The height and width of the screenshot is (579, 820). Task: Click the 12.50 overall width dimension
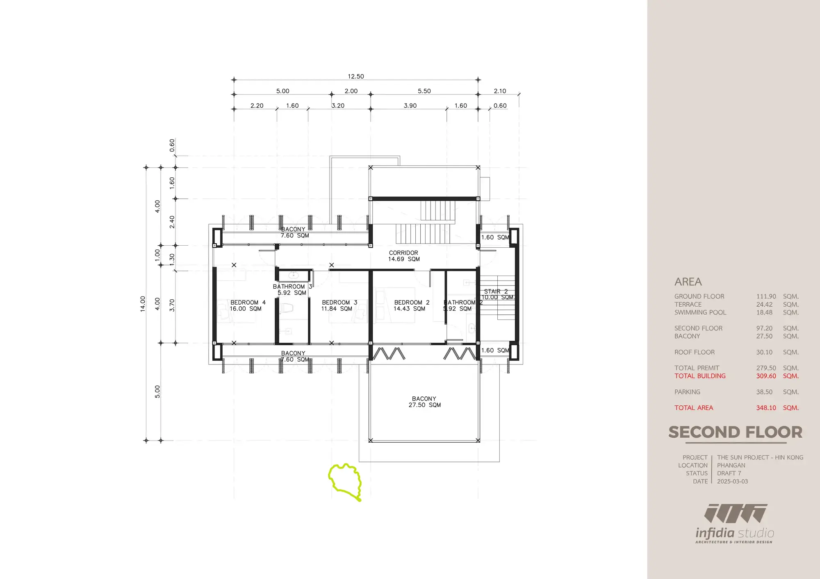tap(356, 76)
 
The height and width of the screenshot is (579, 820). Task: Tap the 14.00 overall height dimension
tap(143, 304)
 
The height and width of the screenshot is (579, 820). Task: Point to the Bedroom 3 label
tap(339, 305)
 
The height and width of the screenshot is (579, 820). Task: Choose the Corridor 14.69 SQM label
tap(404, 256)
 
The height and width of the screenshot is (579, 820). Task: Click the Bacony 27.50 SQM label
tap(424, 402)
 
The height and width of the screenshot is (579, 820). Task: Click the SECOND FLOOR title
tap(735, 432)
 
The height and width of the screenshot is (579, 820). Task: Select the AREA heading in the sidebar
tap(688, 282)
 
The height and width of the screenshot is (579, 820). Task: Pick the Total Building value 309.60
tap(766, 376)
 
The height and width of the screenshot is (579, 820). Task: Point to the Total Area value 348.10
tap(766, 408)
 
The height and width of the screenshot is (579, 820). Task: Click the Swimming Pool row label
tap(700, 312)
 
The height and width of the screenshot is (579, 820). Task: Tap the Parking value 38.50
tap(764, 392)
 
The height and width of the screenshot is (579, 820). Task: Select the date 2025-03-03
tap(732, 482)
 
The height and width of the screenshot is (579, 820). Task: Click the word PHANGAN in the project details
tap(731, 466)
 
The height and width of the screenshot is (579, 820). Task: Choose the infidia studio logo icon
tap(736, 513)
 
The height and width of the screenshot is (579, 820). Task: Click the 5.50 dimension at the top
tap(424, 91)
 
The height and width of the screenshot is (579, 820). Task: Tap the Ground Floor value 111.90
tap(766, 296)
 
